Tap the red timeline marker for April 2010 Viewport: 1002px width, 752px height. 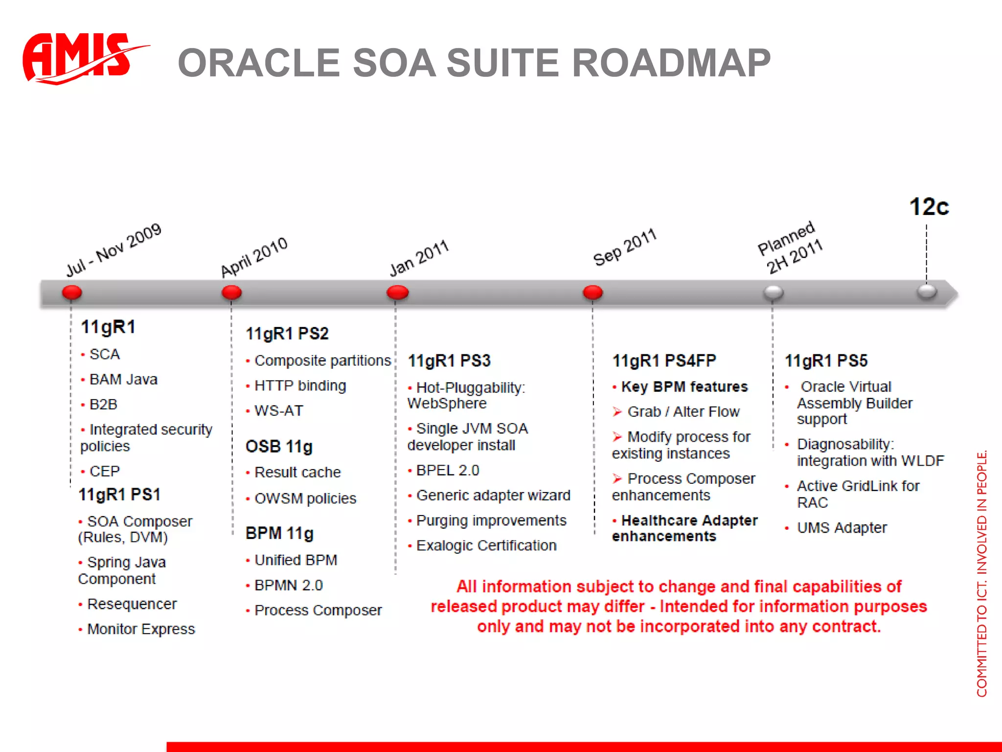pos(231,293)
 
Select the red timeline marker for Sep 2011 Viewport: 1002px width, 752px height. pos(592,293)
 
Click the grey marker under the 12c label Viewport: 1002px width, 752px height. pos(927,292)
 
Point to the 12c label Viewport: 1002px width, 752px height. pos(929,207)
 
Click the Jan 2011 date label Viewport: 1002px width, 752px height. pos(419,258)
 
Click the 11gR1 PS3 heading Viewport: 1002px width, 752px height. pos(449,361)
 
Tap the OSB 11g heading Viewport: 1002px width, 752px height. pos(279,446)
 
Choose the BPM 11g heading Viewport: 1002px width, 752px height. pos(279,533)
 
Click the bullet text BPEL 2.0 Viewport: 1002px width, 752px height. pos(447,470)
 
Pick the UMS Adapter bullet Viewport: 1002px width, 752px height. pos(842,528)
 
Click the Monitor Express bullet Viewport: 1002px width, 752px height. pos(141,629)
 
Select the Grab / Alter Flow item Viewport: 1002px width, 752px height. pos(683,412)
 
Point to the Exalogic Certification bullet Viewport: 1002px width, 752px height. pos(486,545)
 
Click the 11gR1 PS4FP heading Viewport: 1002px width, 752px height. pos(664,361)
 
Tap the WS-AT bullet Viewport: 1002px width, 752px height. pos(279,411)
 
